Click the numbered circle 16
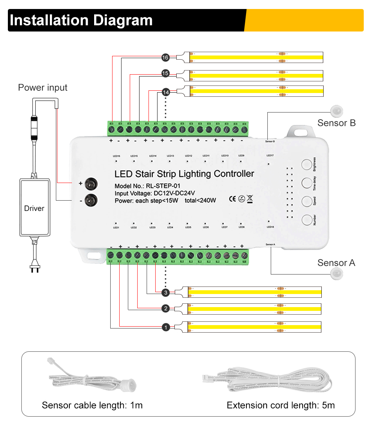(165, 57)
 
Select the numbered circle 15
(165, 73)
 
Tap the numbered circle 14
(166, 91)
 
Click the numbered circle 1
(166, 327)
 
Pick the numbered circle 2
(166, 309)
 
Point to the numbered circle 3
(166, 292)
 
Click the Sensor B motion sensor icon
(337, 110)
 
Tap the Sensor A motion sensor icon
(337, 274)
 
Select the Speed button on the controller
(307, 201)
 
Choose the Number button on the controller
(307, 219)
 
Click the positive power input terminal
(90, 183)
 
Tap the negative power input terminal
(90, 201)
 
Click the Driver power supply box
(34, 208)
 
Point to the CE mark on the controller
(232, 198)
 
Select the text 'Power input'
(43, 88)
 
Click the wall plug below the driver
(34, 267)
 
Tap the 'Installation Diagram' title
(81, 20)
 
